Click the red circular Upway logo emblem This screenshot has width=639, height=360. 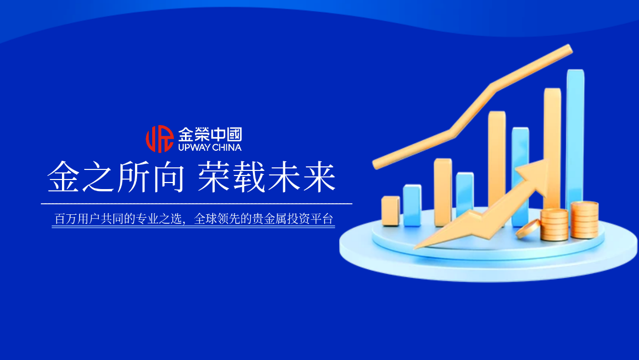(x=159, y=139)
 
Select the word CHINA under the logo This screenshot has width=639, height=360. (x=227, y=148)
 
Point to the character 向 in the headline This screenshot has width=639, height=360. (x=167, y=177)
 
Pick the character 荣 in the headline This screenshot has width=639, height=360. (x=214, y=177)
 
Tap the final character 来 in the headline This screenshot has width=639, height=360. (x=319, y=177)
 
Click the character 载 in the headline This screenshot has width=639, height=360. (x=249, y=177)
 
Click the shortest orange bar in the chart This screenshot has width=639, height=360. (x=391, y=211)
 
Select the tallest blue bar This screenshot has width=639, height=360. (x=575, y=136)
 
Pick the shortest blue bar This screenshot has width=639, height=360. (x=412, y=205)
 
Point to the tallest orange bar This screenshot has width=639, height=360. (x=552, y=146)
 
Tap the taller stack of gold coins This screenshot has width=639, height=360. (x=585, y=219)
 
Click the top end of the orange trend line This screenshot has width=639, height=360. (x=568, y=49)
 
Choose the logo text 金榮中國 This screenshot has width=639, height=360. (x=210, y=135)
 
